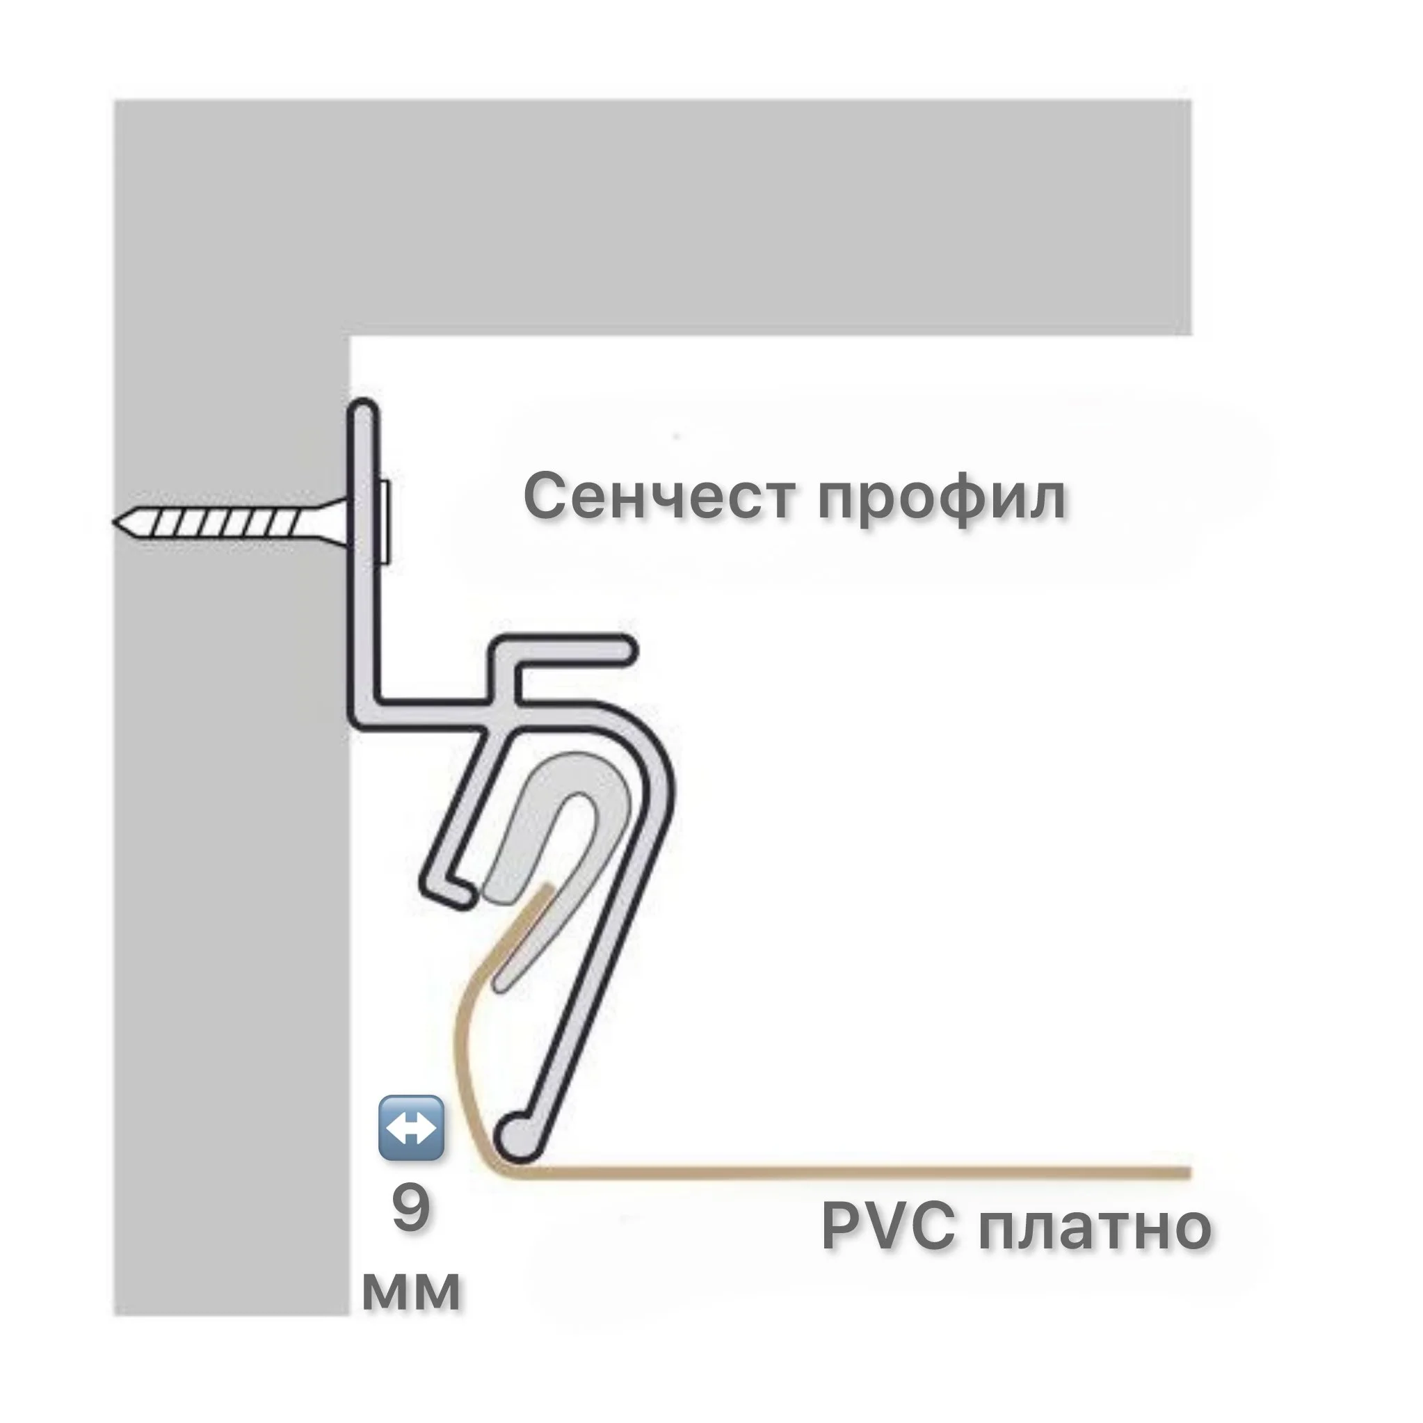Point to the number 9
pyautogui.click(x=410, y=1209)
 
